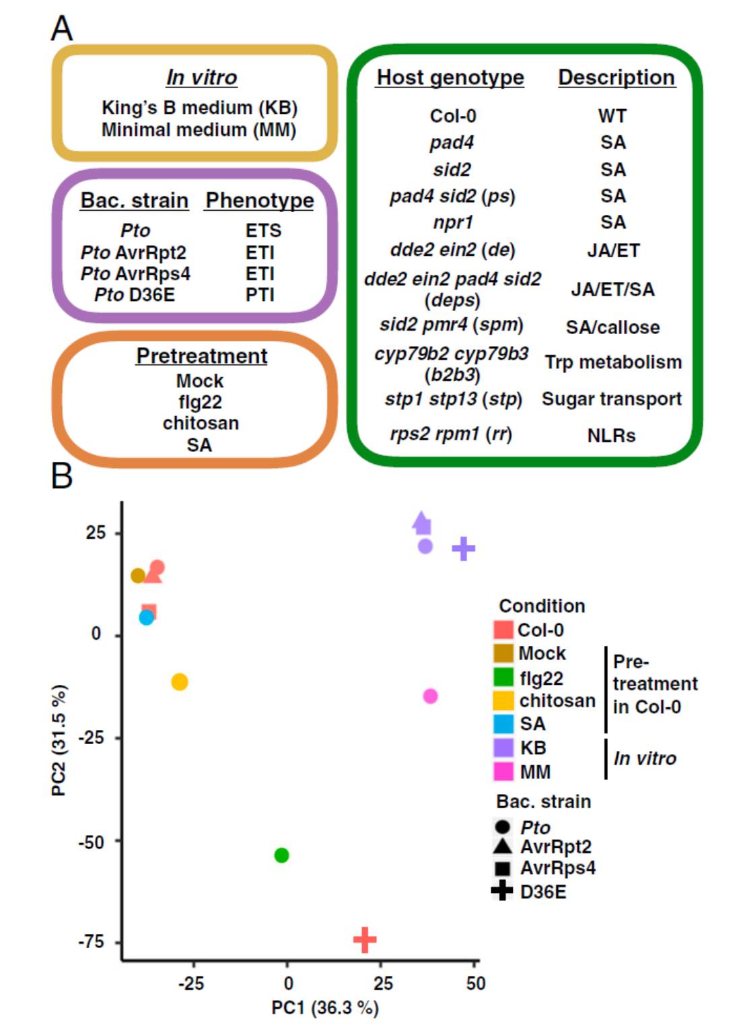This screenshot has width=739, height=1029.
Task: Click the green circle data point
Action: click(281, 855)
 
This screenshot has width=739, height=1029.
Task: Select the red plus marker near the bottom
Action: click(364, 939)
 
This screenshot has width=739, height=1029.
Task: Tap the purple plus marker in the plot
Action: click(463, 549)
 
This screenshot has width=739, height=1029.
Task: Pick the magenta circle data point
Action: click(430, 696)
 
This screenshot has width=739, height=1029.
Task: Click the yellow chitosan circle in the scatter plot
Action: click(179, 682)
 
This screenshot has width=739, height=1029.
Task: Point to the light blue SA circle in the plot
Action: click(146, 617)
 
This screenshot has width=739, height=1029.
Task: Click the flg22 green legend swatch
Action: click(503, 677)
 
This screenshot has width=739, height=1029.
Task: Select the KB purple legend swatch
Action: click(503, 748)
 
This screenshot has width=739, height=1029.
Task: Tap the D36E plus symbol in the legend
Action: click(502, 891)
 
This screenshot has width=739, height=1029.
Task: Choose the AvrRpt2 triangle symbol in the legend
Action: click(502, 847)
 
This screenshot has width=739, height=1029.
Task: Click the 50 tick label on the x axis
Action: click(475, 983)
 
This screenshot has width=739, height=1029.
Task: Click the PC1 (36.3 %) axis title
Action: click(324, 1007)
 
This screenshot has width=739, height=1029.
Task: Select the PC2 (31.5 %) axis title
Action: click(59, 739)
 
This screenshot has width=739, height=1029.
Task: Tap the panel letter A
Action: click(62, 28)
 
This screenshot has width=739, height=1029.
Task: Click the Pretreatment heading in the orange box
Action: click(201, 356)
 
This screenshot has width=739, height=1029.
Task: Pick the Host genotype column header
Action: click(450, 77)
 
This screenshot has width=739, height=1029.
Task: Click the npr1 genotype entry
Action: click(452, 222)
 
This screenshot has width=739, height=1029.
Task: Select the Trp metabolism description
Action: click(612, 362)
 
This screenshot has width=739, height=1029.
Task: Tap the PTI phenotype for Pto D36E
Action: click(260, 295)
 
